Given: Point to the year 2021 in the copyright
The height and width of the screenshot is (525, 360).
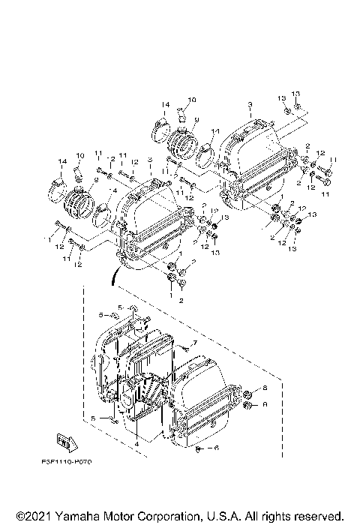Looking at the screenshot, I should [x=31, y=517].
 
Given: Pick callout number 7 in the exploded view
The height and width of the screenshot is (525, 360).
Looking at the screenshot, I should [x=193, y=342].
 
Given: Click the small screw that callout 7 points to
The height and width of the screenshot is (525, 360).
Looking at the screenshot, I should [x=182, y=347].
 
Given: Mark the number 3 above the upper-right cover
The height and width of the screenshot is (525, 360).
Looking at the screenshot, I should [x=250, y=103].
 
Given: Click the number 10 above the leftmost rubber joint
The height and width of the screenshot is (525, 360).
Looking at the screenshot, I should [x=80, y=154].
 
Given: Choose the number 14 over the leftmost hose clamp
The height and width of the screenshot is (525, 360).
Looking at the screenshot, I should [x=61, y=163].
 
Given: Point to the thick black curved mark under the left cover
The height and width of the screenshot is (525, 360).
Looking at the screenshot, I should [x=113, y=277].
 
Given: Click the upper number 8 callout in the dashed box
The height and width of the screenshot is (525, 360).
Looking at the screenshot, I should [x=265, y=387].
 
